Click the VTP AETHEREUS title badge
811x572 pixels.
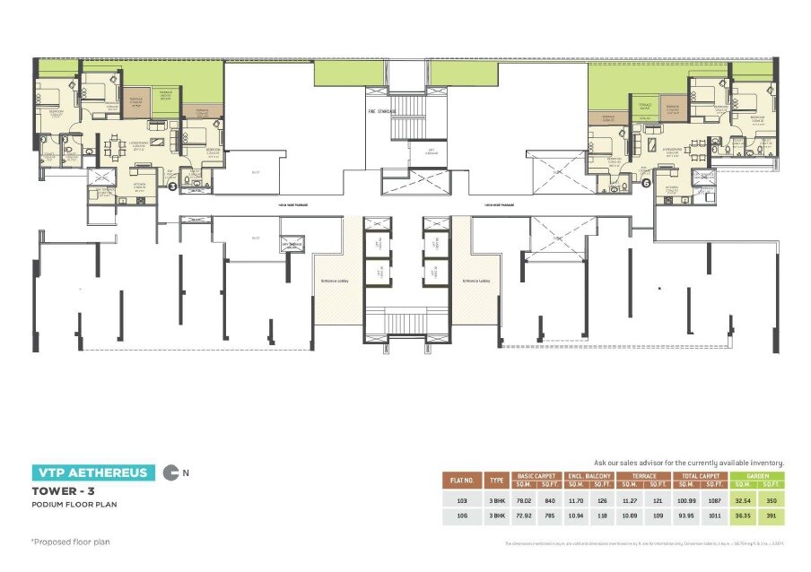point(92,473)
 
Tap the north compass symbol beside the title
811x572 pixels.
point(170,472)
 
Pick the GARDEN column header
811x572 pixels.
point(757,476)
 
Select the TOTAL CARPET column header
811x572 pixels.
point(702,476)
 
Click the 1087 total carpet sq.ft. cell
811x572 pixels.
point(716,500)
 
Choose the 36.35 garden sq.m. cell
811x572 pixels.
point(743,517)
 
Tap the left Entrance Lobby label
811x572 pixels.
point(335,281)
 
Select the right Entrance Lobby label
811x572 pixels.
point(475,281)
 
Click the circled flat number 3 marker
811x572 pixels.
point(172,186)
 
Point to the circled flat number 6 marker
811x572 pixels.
point(645,181)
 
